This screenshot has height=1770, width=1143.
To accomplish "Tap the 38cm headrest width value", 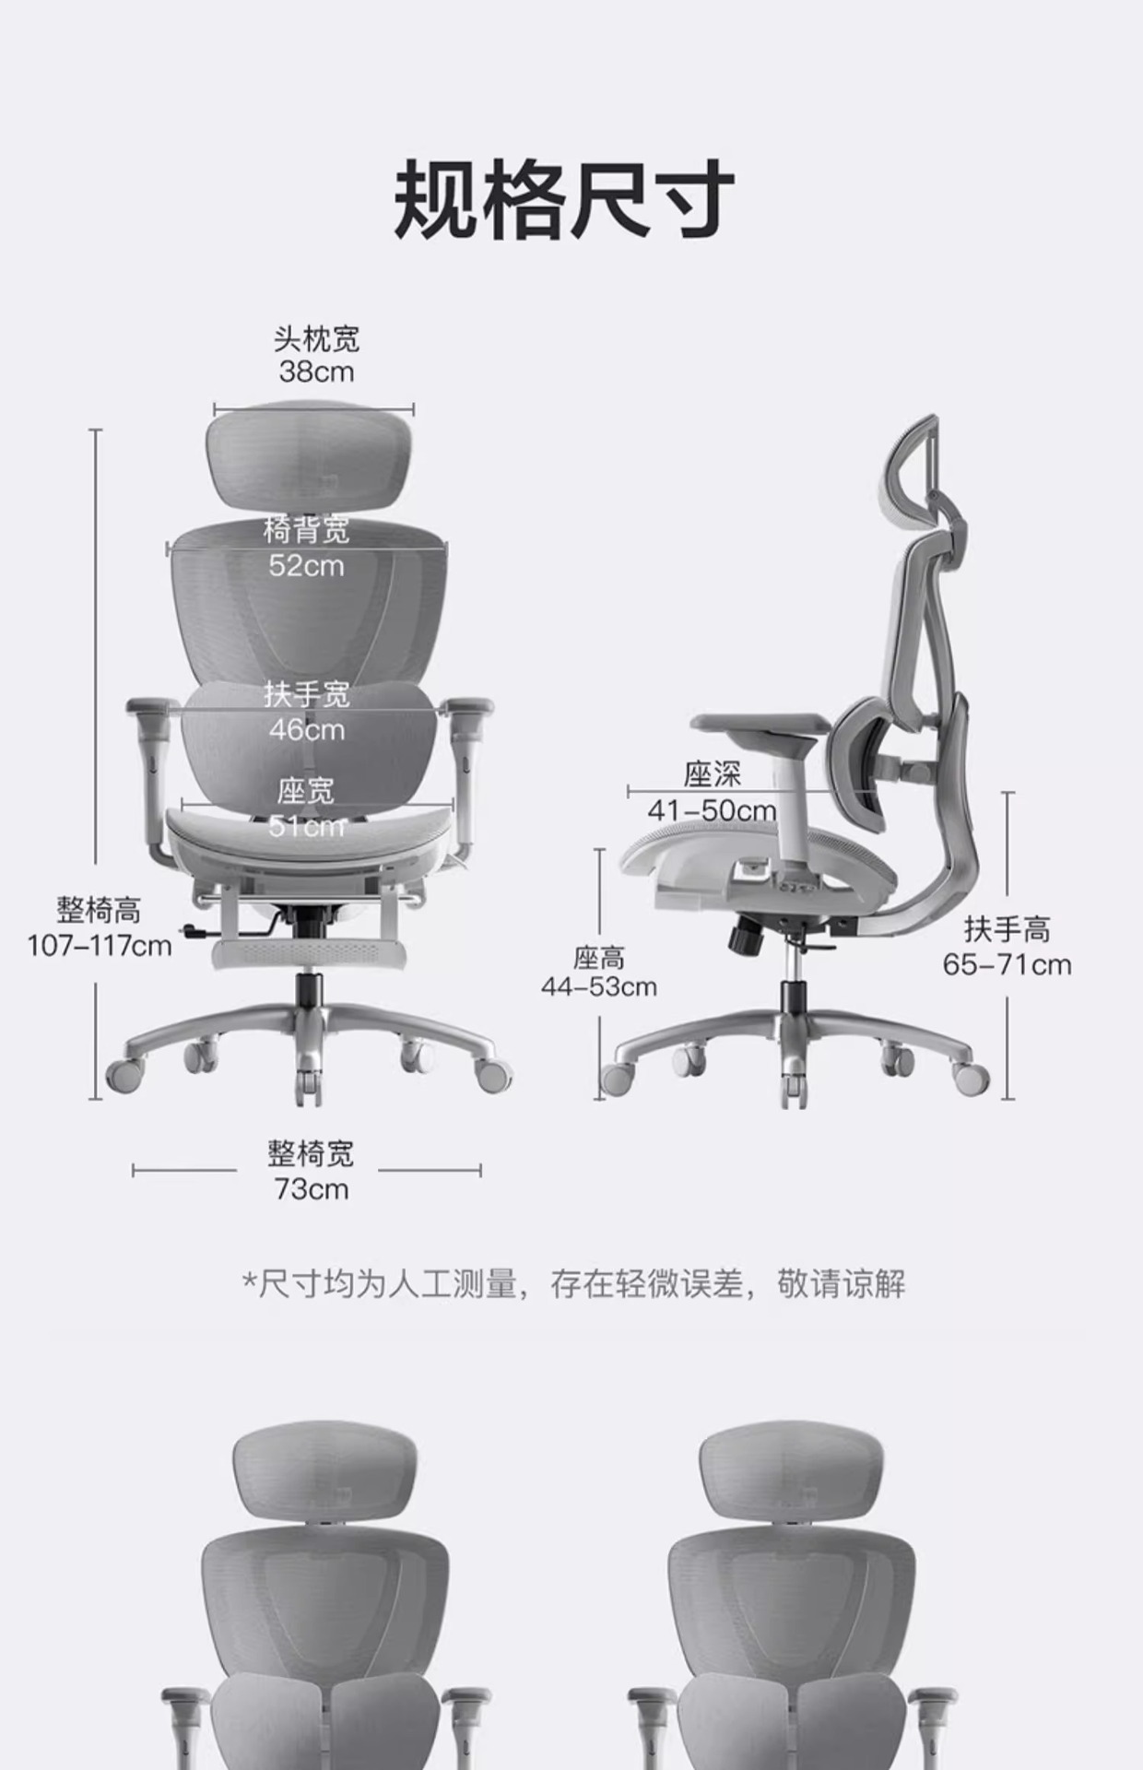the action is click(x=316, y=372).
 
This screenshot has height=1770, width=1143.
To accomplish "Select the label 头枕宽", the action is click(x=316, y=339).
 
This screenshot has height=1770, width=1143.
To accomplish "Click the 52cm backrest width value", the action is click(x=306, y=565).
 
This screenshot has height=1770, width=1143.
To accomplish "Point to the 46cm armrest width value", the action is click(x=307, y=730).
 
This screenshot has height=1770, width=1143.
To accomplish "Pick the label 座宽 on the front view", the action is click(x=306, y=791).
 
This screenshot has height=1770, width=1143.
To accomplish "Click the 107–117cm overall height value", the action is click(x=100, y=946).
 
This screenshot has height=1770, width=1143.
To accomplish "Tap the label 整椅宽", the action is click(x=311, y=1153).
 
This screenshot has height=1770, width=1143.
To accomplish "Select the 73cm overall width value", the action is click(x=311, y=1189).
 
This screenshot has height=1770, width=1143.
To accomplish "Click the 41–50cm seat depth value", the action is click(x=712, y=811).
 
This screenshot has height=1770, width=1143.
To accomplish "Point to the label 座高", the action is click(x=599, y=958).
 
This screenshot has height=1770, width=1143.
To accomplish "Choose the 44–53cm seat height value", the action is click(x=599, y=987).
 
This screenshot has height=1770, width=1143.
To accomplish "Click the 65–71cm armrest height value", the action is click(x=1007, y=965).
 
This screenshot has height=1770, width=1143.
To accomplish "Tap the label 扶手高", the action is click(x=1007, y=929).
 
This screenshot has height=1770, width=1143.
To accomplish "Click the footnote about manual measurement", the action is click(x=573, y=1283).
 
